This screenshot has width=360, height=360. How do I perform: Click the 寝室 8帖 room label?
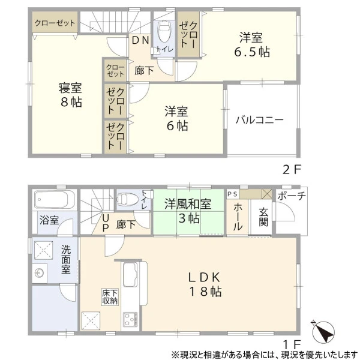[70, 95]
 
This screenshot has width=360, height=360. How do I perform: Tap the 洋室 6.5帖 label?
[251, 44]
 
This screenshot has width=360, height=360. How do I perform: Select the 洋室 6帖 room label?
[177, 118]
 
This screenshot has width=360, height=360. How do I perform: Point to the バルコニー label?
[260, 120]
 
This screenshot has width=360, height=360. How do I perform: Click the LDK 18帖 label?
[205, 284]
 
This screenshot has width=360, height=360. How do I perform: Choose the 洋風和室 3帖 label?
[188, 211]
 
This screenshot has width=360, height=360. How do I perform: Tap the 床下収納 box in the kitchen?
[110, 297]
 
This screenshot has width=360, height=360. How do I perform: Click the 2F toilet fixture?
[164, 31]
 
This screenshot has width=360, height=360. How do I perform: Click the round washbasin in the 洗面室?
[39, 273]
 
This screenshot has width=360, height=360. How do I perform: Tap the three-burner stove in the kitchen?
[130, 319]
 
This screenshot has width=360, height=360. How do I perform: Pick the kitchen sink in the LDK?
[130, 274]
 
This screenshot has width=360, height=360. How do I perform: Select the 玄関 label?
[263, 217]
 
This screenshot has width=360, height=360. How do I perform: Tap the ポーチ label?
[292, 196]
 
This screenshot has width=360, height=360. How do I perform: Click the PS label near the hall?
[232, 194]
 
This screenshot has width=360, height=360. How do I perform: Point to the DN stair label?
[141, 40]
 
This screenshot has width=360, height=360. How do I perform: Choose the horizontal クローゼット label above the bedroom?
[55, 23]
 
